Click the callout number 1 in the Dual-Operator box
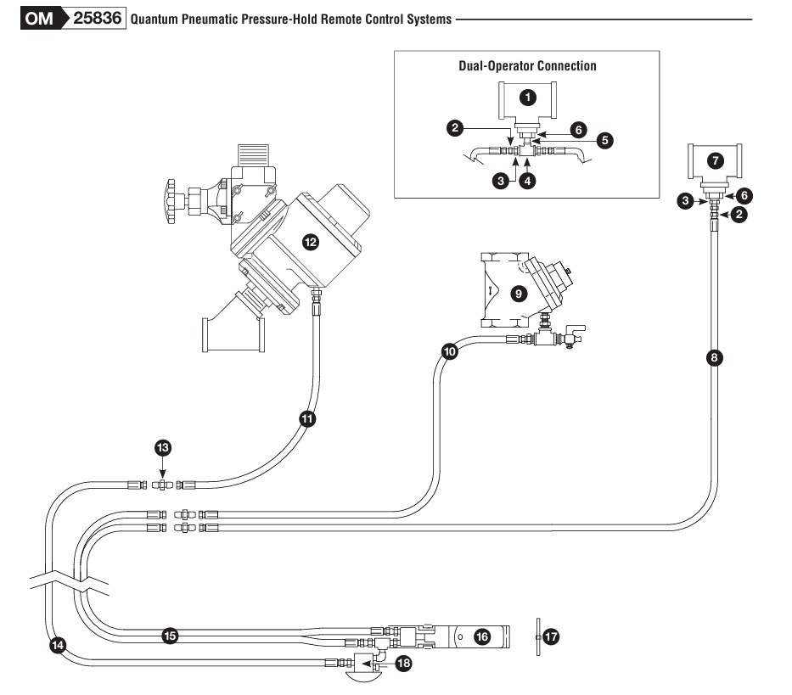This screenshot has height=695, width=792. click(527, 98)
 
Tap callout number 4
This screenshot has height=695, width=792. click(528, 182)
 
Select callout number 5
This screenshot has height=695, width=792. click(604, 140)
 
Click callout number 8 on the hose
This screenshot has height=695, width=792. click(714, 357)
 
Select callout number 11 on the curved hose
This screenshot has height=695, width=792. click(307, 418)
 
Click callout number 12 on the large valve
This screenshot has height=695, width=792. click(310, 243)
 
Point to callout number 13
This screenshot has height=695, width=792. click(162, 446)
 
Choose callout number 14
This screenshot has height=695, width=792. click(58, 644)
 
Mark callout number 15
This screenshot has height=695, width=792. click(169, 634)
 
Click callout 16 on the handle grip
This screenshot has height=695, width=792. click(480, 635)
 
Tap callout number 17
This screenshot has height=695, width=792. click(551, 635)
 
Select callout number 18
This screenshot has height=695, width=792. click(403, 664)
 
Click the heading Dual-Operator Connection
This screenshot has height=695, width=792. click(526, 65)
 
